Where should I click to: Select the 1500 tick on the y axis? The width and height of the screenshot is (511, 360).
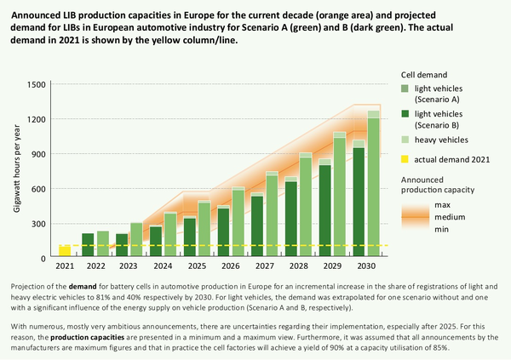pos(36,84)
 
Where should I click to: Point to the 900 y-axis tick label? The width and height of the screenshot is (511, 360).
pos(38,154)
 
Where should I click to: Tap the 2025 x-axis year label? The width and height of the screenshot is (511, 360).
pos(196,266)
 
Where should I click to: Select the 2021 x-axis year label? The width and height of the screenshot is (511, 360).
pos(65,266)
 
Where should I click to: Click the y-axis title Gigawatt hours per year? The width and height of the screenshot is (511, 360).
pos(17,170)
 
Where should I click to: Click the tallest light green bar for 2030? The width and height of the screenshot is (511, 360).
pos(373,187)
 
